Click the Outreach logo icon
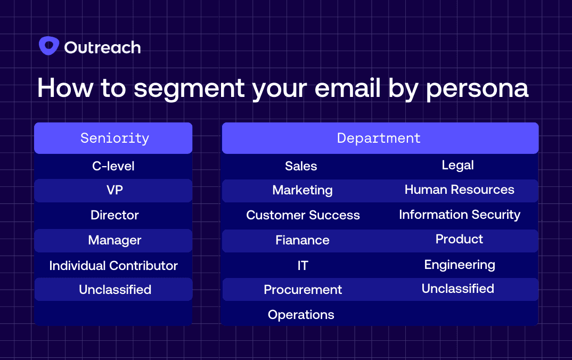point(49,46)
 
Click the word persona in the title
point(477,88)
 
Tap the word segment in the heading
point(189,89)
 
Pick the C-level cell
point(113,166)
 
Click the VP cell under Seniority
point(115,190)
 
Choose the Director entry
point(115,215)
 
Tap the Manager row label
point(115,240)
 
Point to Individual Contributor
point(113,266)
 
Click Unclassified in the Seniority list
point(115,290)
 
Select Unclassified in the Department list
point(458,289)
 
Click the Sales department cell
point(301,166)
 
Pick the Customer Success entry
point(303,215)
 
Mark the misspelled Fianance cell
point(303,240)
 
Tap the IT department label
point(303,266)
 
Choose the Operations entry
point(301,315)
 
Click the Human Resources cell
point(459,190)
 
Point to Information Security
point(460,215)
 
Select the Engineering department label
point(460,265)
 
